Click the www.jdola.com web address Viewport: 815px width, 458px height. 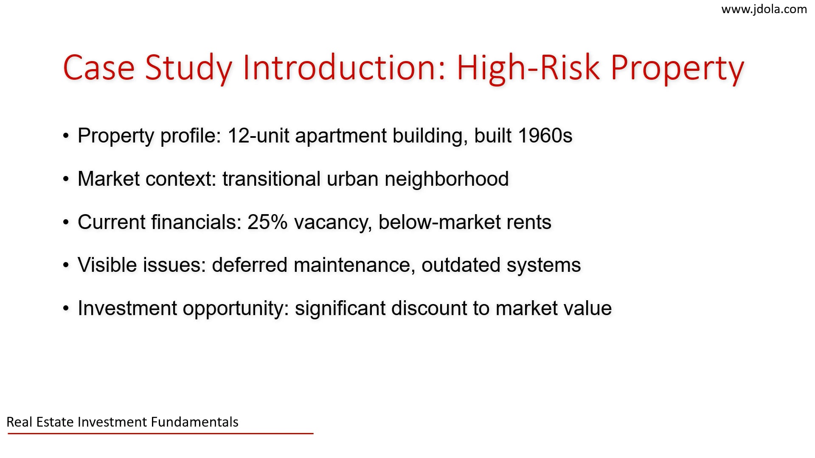[764, 9]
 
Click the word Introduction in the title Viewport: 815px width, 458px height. [344, 68]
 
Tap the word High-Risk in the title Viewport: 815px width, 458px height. [529, 68]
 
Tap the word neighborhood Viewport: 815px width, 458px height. [447, 179]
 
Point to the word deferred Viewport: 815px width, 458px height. [250, 265]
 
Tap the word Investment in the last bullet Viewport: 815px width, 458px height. [127, 308]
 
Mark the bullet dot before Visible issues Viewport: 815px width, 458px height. [66, 265]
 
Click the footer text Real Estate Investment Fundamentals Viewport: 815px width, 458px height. [122, 422]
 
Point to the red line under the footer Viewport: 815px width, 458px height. [160, 433]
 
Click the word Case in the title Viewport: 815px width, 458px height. [99, 68]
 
